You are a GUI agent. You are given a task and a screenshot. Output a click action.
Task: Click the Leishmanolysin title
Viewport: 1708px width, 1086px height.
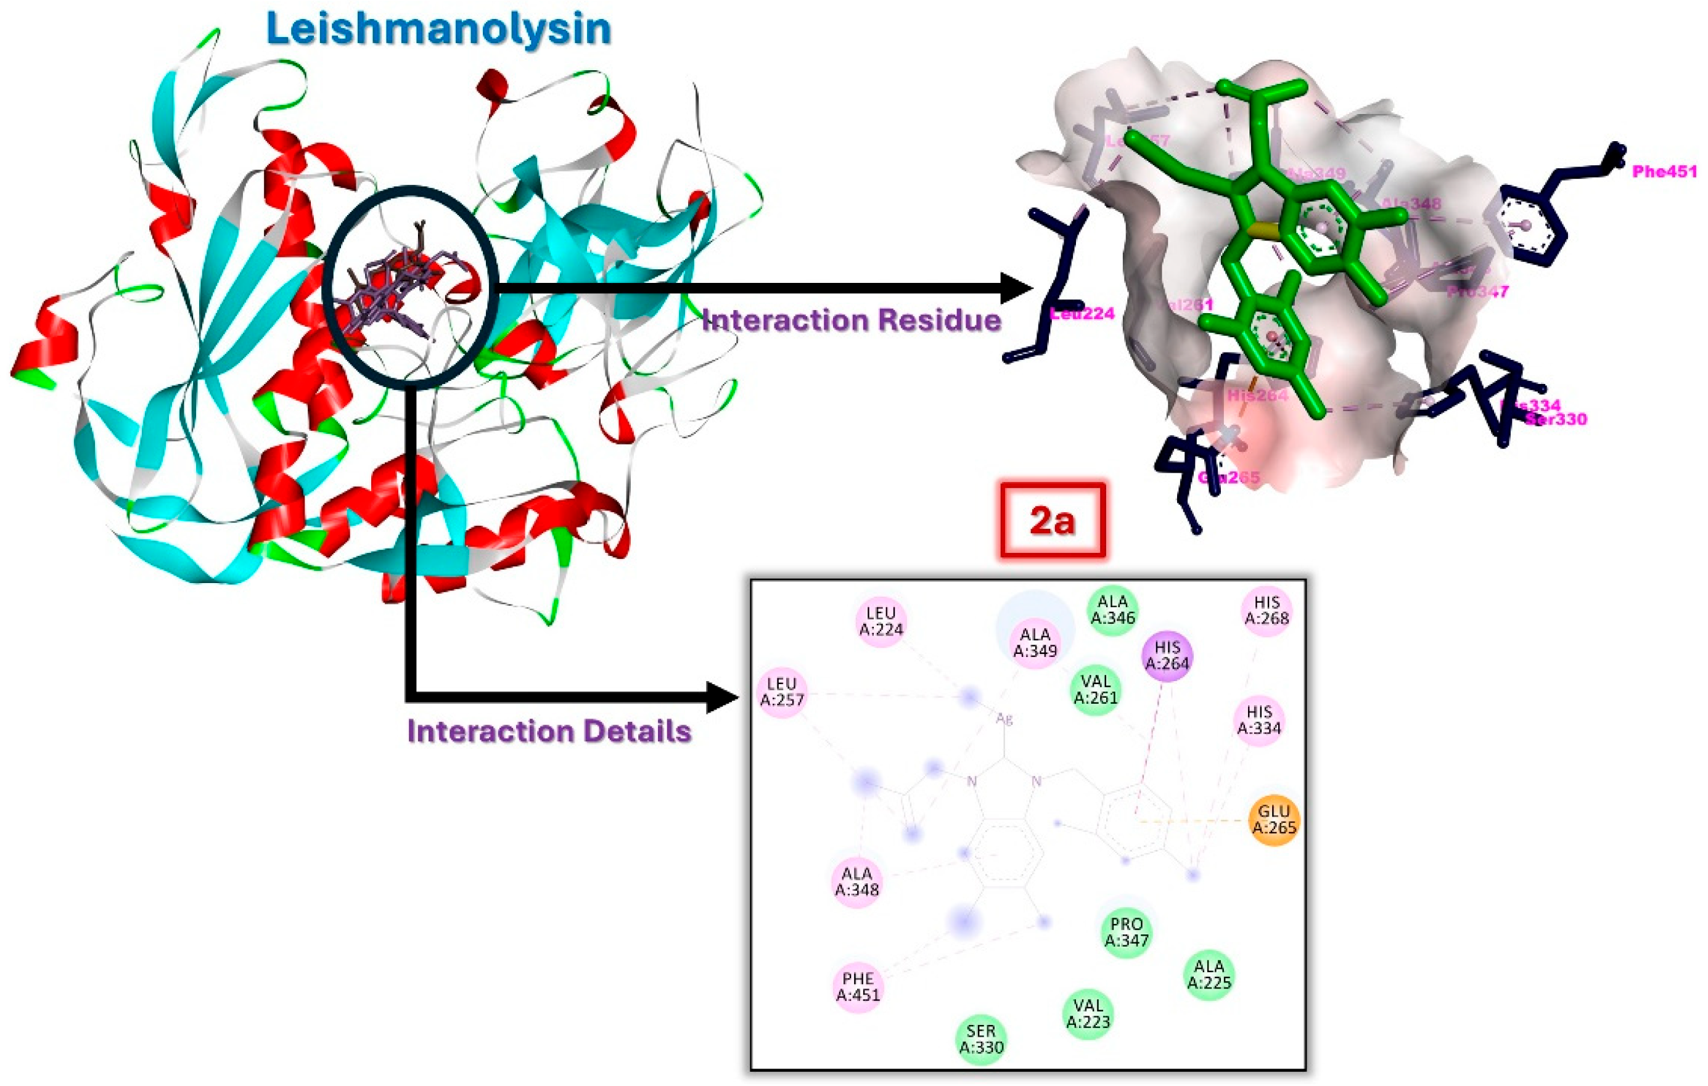point(438,30)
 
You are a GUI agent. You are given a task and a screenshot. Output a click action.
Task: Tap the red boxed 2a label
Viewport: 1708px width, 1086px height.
point(1053,521)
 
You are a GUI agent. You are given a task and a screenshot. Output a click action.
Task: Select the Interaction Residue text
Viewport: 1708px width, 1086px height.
point(851,320)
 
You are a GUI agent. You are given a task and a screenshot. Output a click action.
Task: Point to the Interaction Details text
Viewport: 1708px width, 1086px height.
point(549,731)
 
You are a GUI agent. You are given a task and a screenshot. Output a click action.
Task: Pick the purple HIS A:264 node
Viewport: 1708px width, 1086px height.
point(1167,656)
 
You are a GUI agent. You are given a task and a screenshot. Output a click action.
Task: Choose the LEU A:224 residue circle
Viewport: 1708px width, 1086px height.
point(881,621)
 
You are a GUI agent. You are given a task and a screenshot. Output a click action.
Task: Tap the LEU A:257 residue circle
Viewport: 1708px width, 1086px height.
point(782,692)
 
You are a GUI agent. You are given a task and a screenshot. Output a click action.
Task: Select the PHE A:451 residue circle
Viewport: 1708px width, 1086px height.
point(858,987)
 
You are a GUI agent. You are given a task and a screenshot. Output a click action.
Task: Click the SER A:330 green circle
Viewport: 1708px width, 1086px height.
point(981,1039)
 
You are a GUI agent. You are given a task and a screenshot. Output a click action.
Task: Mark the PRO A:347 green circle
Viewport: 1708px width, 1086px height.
point(1127,932)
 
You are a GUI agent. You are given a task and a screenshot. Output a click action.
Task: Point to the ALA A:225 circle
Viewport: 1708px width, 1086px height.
point(1209,974)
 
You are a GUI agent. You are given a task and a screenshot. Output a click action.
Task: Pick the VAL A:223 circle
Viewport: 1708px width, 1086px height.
point(1088,1014)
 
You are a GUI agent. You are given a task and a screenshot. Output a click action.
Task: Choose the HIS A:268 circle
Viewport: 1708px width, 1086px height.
point(1267,610)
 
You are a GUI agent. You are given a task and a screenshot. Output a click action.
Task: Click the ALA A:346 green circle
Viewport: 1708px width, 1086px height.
point(1112,610)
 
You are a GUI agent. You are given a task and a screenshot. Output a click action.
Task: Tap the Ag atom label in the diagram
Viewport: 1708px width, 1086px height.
point(1004,719)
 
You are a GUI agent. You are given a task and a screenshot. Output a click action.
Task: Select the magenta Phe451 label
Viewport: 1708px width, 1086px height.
point(1664,171)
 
